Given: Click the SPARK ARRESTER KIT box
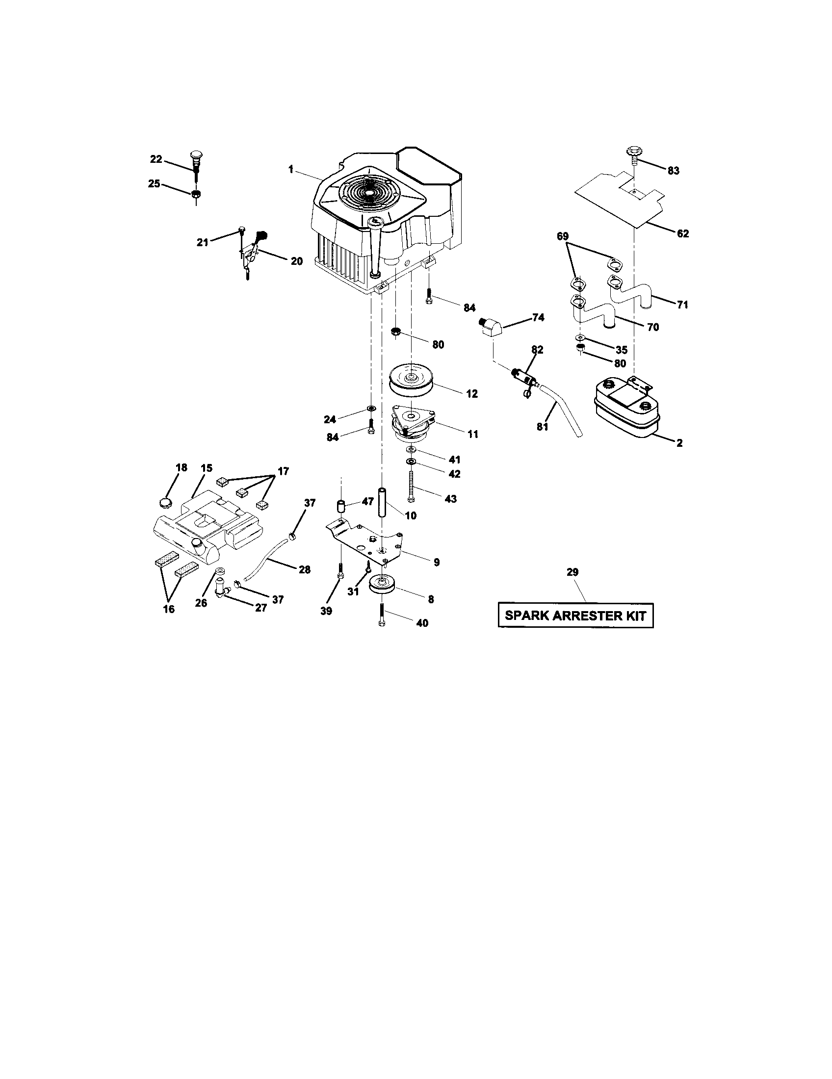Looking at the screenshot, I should pos(575,616).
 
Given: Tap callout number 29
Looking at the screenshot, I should pos(572,572).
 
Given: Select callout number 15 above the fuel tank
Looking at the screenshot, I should pos(206,467).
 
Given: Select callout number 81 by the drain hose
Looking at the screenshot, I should pos(542,427).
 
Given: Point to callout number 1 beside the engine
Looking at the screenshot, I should pos(291,170).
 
